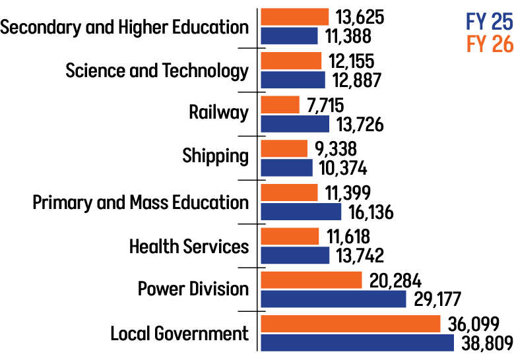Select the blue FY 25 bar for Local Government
357,343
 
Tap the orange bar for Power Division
311,280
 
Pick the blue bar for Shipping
286,167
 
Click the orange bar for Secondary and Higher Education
294,16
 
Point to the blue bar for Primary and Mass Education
301,212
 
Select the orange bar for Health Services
290,236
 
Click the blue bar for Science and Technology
293,80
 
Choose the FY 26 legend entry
489,44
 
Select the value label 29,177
438,299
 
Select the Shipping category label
215,157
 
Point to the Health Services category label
189,246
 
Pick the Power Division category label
193,289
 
